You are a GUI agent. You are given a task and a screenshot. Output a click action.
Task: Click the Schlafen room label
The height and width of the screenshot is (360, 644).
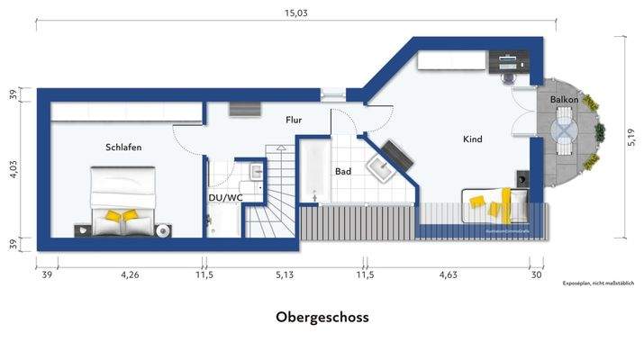123,147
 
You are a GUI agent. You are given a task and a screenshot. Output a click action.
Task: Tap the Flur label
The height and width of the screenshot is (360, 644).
294,119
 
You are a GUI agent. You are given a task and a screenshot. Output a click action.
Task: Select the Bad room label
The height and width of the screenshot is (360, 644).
343,170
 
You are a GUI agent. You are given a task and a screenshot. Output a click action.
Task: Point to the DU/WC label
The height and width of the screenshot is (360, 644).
225,197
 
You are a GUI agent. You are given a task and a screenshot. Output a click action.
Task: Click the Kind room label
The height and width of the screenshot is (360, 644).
473,139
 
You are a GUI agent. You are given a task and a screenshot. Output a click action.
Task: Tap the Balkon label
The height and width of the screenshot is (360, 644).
564,100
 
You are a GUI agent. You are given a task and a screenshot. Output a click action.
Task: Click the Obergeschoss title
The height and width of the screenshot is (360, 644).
322,318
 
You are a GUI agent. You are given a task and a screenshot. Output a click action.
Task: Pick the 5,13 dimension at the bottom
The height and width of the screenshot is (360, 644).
284,275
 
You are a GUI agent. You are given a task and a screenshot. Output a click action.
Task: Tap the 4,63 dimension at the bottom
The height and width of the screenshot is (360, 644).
448,275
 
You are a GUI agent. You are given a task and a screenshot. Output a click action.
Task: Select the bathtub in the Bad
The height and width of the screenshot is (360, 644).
313,170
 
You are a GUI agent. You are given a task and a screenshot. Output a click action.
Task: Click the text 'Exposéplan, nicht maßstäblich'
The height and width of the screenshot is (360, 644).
598,283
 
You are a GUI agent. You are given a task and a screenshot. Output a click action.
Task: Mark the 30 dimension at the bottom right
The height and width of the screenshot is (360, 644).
537,275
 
